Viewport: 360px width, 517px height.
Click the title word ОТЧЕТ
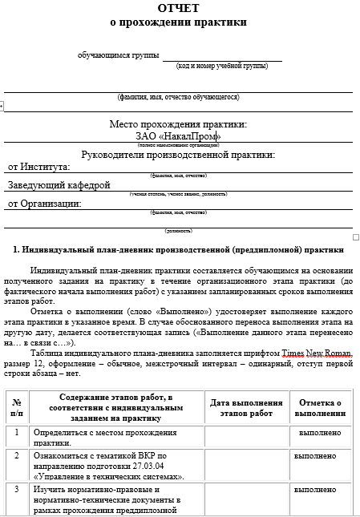coord(179,8)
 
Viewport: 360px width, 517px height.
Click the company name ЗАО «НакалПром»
coord(179,135)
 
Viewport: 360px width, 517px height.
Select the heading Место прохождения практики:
coord(178,124)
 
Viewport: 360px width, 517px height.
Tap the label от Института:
coord(38,167)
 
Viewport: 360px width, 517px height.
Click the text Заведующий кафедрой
coord(59,185)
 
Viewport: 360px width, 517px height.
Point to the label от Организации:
coord(45,204)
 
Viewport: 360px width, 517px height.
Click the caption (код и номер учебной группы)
coord(222,66)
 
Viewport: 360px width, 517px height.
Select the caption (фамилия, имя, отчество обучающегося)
coord(178,97)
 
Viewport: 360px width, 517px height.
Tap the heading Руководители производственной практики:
coord(178,155)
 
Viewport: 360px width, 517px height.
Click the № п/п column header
coord(17,406)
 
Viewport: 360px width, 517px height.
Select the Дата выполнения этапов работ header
coord(246,406)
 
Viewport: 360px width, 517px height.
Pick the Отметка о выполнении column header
coord(320,406)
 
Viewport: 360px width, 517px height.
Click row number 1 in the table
coord(17,433)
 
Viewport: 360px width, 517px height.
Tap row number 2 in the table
coord(17,455)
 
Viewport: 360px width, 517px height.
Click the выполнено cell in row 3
coord(315,489)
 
